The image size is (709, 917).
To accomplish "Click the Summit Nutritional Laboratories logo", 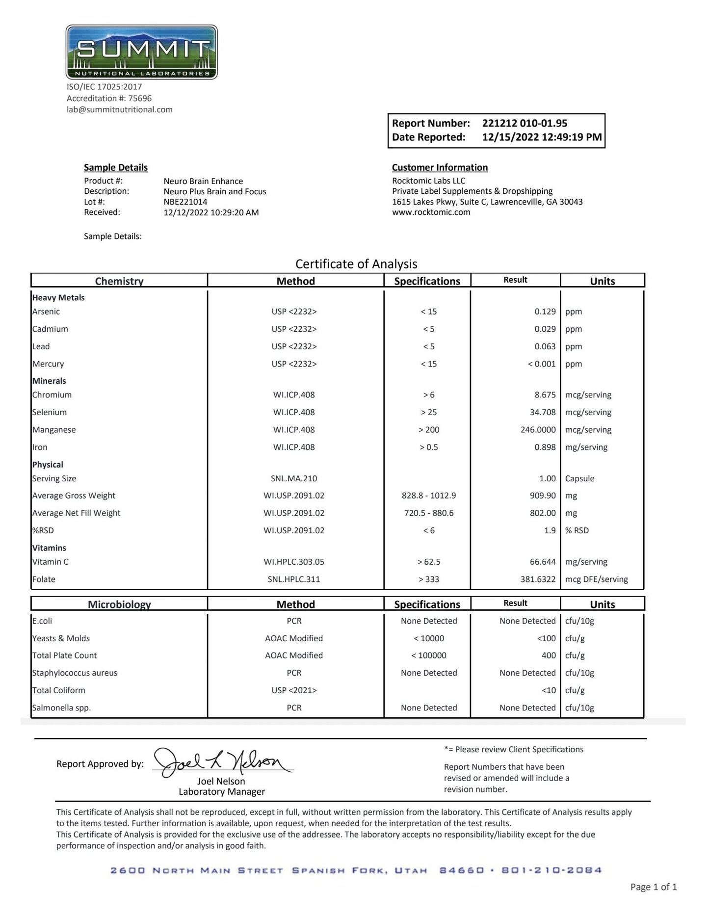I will click(141, 52).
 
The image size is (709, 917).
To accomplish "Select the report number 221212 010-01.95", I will click(525, 123).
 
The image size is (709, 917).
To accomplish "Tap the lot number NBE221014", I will click(185, 202).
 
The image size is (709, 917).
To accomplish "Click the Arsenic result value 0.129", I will click(545, 312).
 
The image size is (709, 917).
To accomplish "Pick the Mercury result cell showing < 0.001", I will click(541, 364).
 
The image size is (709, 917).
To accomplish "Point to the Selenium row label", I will click(50, 412).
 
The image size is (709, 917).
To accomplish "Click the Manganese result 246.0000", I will click(538, 430).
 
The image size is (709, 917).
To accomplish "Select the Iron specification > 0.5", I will click(428, 447).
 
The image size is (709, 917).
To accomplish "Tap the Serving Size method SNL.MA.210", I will click(294, 478).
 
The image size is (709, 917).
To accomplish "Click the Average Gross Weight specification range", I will click(428, 496).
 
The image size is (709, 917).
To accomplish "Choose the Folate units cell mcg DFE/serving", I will click(596, 579).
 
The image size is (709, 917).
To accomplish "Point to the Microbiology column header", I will click(119, 604).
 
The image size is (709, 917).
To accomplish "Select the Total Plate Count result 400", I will click(549, 655).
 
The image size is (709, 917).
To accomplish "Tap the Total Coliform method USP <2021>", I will click(294, 690).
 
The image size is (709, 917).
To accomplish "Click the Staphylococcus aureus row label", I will click(75, 673).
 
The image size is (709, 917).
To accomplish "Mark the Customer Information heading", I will click(440, 167).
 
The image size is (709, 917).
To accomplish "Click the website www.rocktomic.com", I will click(431, 212).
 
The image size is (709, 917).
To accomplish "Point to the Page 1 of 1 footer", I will click(653, 887).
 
